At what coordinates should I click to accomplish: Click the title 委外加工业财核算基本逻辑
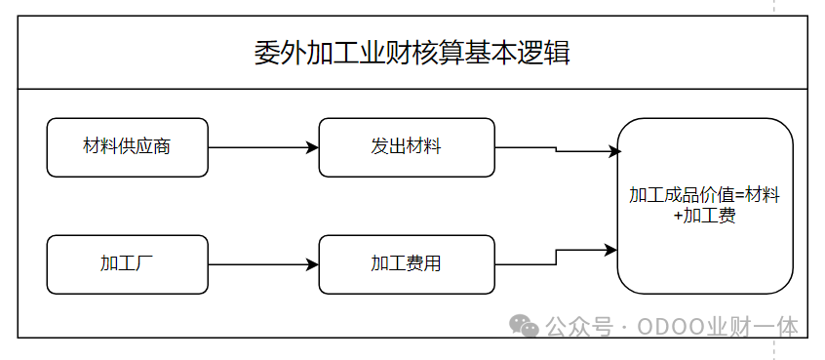click(412, 53)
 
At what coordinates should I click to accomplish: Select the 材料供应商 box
click(128, 147)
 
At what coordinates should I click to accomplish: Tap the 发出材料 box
click(407, 147)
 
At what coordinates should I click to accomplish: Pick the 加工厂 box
click(128, 264)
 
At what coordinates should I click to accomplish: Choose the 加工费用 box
click(407, 264)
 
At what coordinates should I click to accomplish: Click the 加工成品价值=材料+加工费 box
click(705, 206)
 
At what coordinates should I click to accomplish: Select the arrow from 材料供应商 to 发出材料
click(263, 147)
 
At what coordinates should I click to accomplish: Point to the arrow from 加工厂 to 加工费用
click(263, 264)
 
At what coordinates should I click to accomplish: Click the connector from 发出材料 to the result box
click(556, 149)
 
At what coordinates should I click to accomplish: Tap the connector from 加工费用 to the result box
click(556, 258)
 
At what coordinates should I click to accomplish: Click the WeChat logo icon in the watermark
click(524, 326)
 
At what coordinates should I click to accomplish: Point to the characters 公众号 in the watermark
click(579, 327)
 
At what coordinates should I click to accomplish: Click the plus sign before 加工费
click(678, 217)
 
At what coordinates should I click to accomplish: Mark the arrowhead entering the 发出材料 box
click(312, 147)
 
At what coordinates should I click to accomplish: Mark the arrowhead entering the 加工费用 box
click(312, 264)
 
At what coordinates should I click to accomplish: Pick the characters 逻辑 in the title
click(544, 53)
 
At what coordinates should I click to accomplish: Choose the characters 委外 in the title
click(281, 53)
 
